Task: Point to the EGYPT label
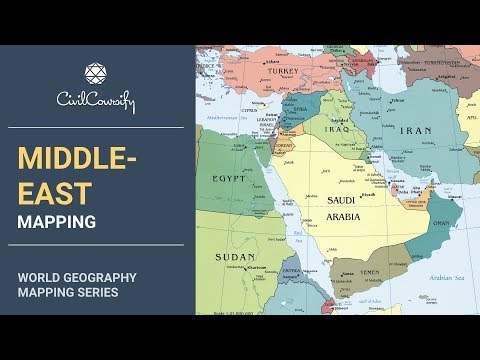(x=229, y=178)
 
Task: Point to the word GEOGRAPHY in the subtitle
(x=107, y=275)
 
